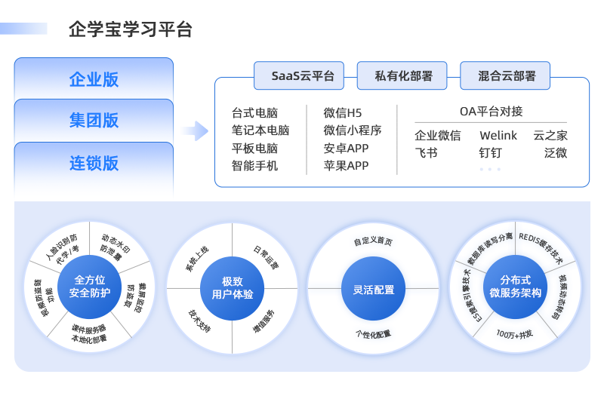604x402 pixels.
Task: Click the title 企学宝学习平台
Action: [130, 29]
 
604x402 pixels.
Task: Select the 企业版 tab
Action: [94, 79]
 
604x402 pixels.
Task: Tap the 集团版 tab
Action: [94, 121]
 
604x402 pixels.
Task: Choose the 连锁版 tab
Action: [94, 162]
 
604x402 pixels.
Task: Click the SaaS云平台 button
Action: [297, 76]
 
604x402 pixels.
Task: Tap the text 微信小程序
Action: [353, 130]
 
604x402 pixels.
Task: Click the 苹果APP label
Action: [346, 165]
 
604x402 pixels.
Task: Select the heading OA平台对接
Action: [491, 112]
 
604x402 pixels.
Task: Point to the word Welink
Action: [498, 136]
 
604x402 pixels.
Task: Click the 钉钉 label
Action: [490, 153]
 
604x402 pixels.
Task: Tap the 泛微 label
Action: [556, 153]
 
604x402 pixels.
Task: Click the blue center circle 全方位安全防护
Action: [90, 286]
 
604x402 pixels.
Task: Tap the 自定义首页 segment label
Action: [373, 242]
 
